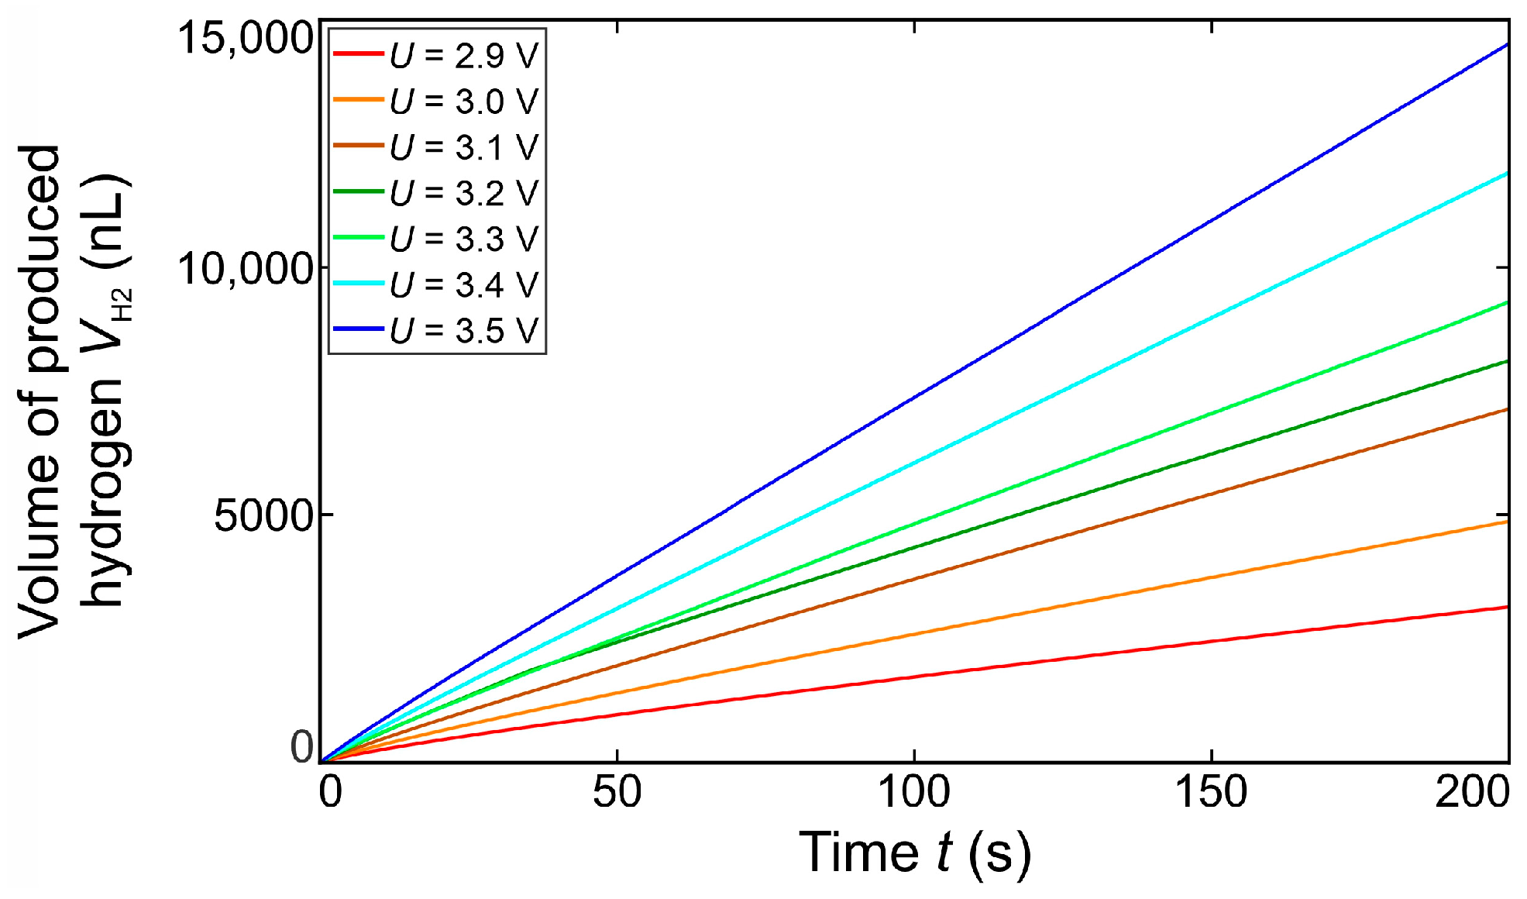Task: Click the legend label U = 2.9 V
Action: (x=463, y=55)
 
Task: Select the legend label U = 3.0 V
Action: (x=463, y=101)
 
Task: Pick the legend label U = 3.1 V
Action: (x=463, y=146)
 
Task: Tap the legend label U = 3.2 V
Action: (x=463, y=192)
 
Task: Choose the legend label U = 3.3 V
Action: (x=463, y=239)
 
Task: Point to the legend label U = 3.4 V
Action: (x=463, y=284)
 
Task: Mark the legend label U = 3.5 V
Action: (x=463, y=330)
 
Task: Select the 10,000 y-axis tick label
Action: (x=244, y=268)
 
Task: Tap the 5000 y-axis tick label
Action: (x=263, y=515)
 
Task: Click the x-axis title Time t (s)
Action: (x=914, y=852)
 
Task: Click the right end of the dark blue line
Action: (x=1506, y=45)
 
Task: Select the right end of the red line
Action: (x=1506, y=607)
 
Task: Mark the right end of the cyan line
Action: (x=1506, y=173)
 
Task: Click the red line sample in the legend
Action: (x=358, y=53)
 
